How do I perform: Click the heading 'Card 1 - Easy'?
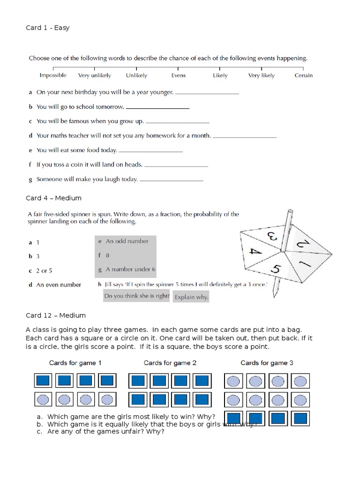[x=47, y=28]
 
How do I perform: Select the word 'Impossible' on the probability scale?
[x=53, y=75]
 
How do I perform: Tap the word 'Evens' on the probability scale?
[x=178, y=75]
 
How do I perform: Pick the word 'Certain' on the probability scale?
[x=303, y=75]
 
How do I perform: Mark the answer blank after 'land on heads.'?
[x=176, y=165]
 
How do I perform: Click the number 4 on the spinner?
[x=255, y=251]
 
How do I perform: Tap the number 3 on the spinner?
[x=271, y=234]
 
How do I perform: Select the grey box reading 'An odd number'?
[x=125, y=241]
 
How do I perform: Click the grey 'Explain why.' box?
[x=191, y=297]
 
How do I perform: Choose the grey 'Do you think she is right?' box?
[x=136, y=296]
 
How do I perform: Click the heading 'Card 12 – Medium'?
[x=56, y=315]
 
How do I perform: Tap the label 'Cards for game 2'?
[x=170, y=363]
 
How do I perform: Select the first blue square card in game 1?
[x=44, y=380]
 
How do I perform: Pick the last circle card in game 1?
[x=107, y=399]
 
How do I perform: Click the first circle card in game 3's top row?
[x=233, y=381]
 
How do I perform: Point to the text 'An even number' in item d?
[x=59, y=285]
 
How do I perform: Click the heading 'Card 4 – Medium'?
[x=53, y=198]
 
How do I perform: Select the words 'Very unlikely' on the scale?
[x=94, y=75]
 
